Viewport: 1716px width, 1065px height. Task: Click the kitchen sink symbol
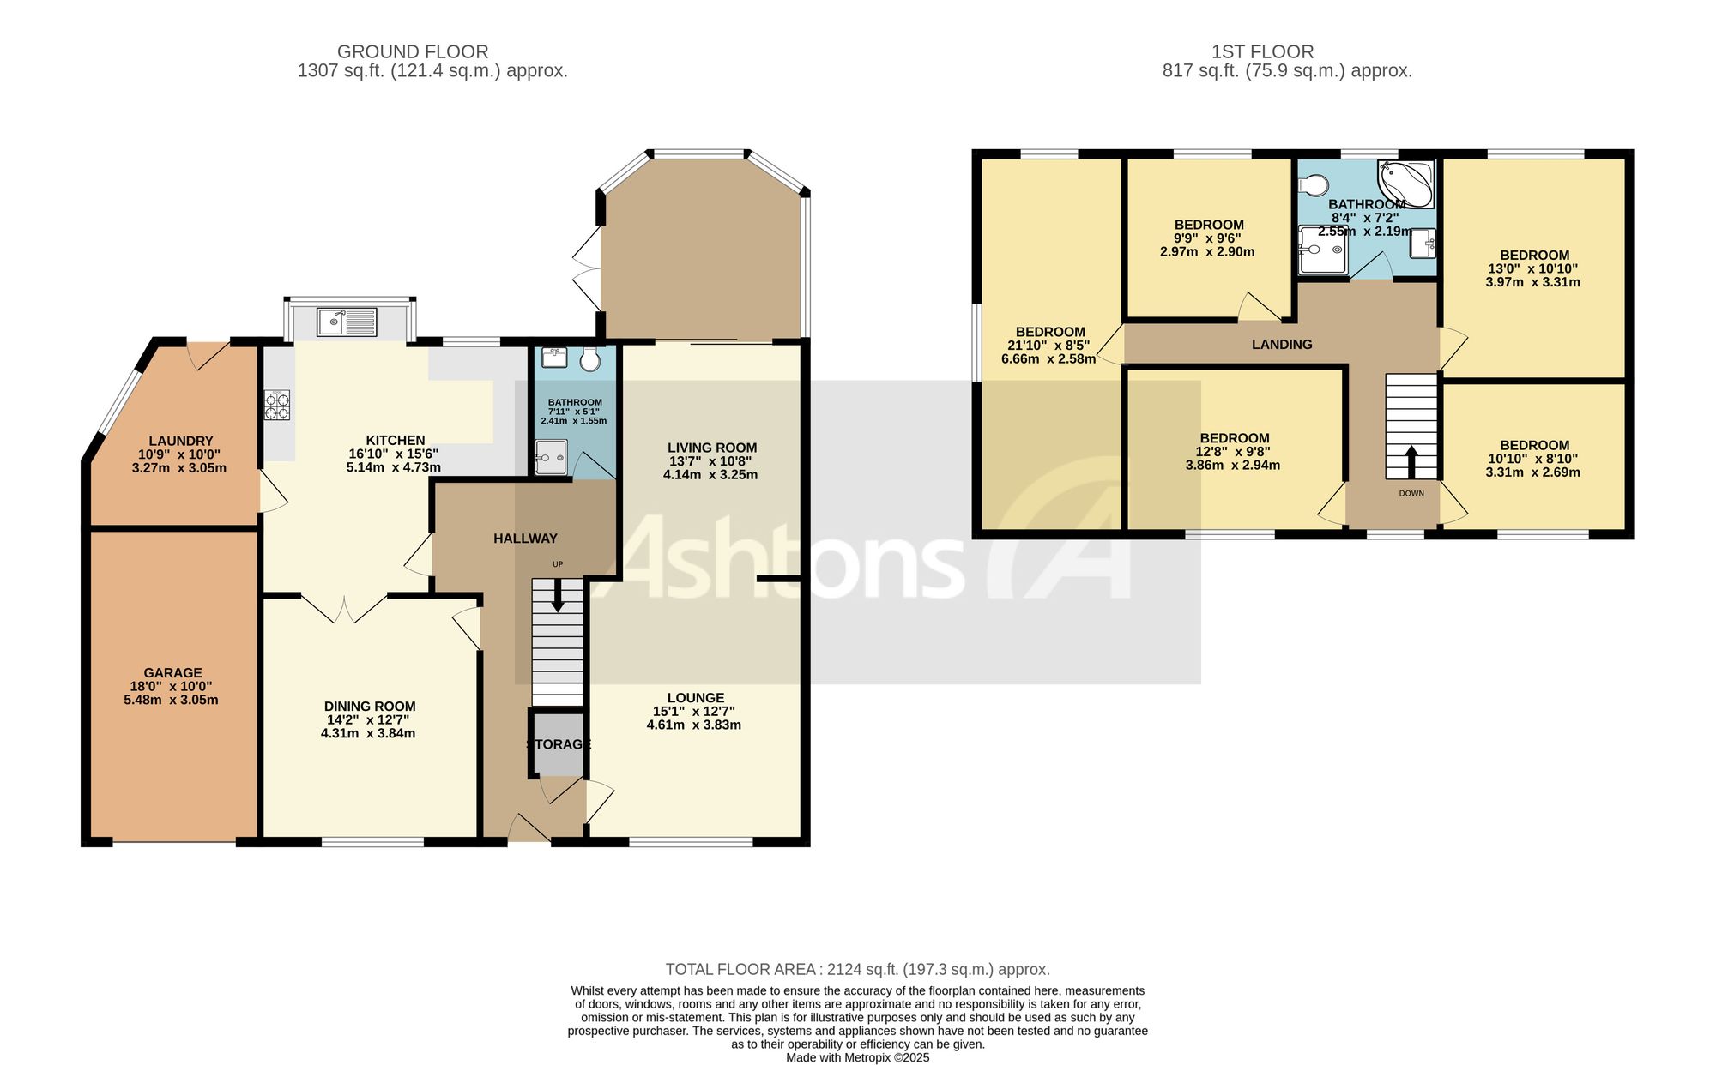point(347,322)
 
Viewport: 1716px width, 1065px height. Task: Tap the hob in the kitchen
point(276,406)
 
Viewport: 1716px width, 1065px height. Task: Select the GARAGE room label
point(173,673)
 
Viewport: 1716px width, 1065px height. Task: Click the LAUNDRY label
point(180,442)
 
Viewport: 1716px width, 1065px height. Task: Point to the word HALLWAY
point(525,539)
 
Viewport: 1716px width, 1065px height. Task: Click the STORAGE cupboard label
point(559,744)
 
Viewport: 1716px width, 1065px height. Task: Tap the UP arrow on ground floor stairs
point(558,596)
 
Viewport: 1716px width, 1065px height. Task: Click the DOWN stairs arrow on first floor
point(1411,461)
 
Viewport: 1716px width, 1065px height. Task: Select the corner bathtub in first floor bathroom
point(1405,184)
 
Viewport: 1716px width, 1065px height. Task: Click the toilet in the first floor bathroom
point(1313,184)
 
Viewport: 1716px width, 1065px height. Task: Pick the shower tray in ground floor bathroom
point(551,458)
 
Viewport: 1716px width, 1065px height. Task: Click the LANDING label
point(1282,345)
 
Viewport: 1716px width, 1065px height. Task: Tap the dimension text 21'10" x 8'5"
point(1048,346)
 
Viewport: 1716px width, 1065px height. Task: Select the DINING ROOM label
point(370,707)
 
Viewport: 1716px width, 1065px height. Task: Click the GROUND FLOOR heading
point(413,52)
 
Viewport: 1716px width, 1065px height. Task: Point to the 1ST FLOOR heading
point(1262,52)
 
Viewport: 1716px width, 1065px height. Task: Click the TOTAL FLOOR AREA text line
point(858,970)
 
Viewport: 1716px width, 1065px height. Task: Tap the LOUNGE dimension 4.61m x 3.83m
point(694,725)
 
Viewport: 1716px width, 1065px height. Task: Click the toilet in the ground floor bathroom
point(589,359)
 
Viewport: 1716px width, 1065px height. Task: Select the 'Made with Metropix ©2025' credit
point(858,1058)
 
